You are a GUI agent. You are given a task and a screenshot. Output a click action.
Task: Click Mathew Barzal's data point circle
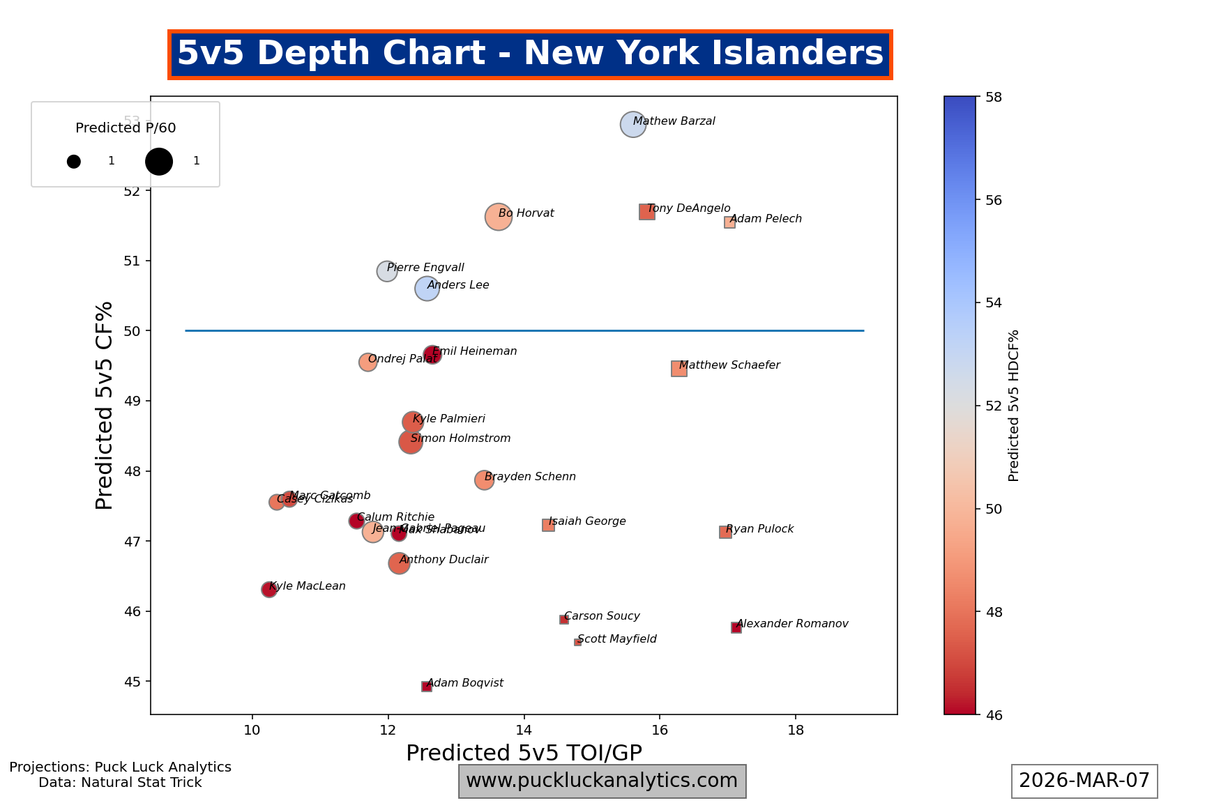tap(632, 125)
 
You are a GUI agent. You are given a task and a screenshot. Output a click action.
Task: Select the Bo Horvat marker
tap(498, 217)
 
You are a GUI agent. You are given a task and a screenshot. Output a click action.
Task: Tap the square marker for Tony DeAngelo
tap(646, 212)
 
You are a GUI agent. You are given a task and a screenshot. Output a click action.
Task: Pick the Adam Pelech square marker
tap(729, 222)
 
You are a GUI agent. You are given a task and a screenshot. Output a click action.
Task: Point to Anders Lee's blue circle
tap(427, 289)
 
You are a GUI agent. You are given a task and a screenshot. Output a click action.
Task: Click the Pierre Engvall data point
tap(387, 271)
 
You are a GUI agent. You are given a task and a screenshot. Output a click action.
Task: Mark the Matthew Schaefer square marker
tap(679, 369)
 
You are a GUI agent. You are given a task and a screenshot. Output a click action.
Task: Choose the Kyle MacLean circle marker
tap(268, 590)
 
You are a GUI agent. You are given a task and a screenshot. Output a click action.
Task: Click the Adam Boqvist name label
tap(465, 683)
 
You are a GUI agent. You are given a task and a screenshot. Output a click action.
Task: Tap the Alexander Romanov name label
tap(792, 624)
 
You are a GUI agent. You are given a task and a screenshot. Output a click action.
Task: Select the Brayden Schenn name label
tap(530, 477)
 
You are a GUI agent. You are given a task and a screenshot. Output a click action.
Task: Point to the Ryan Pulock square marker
tap(725, 532)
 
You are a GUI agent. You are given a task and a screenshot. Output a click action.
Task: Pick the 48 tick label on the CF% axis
tap(132, 471)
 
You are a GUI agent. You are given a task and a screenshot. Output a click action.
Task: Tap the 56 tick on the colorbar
tap(994, 200)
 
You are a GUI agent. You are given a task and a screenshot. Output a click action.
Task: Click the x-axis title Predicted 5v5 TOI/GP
tap(524, 753)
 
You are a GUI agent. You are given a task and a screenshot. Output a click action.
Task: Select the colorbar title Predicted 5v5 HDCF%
tap(1014, 406)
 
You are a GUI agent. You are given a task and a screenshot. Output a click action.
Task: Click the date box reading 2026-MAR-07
tap(1084, 781)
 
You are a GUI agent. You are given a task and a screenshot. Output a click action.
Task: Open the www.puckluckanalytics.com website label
tap(602, 781)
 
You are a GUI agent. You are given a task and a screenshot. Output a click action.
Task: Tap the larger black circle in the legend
tap(159, 161)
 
